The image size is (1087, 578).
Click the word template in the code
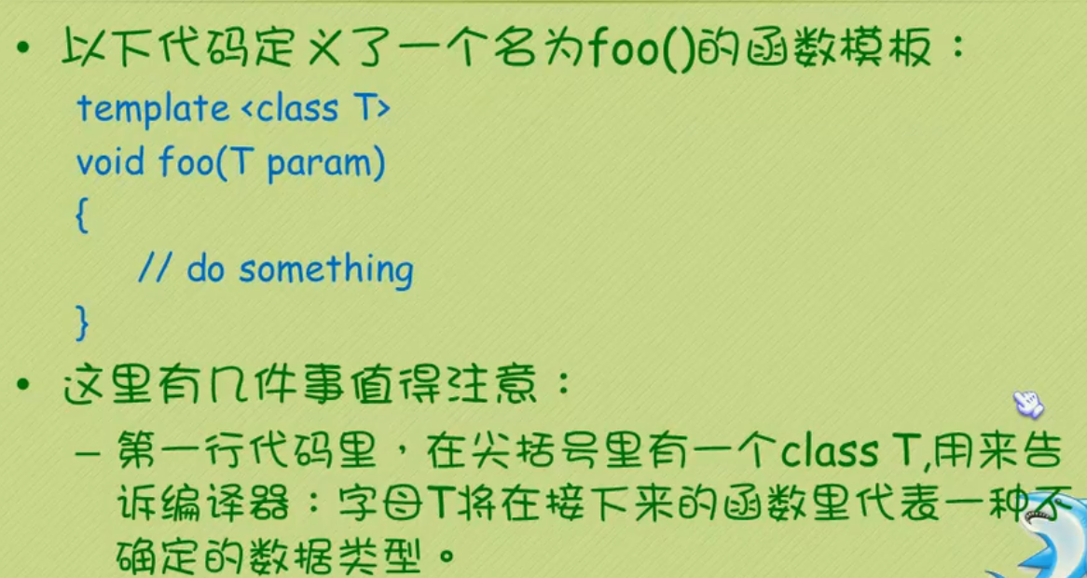click(x=152, y=109)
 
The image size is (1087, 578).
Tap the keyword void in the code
click(x=110, y=163)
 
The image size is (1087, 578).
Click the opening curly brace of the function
click(x=82, y=217)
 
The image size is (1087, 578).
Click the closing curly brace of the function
click(x=82, y=323)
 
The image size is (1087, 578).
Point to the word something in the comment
click(x=326, y=270)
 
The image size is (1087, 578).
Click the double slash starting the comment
click(x=154, y=270)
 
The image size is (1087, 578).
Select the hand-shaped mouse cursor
click(x=1027, y=404)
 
